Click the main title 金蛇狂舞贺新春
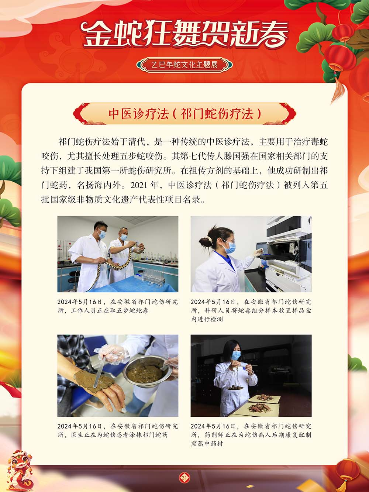click(184, 34)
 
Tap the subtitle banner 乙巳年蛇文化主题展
click(184, 65)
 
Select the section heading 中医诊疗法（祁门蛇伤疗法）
click(184, 113)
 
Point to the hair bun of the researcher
click(204, 241)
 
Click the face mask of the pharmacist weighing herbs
click(236, 355)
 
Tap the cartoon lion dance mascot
click(20, 467)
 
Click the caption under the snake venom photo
click(117, 306)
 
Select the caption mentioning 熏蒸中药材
click(251, 435)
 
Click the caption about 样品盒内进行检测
click(251, 310)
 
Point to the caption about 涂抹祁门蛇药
click(117, 430)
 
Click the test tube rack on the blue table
click(153, 277)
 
